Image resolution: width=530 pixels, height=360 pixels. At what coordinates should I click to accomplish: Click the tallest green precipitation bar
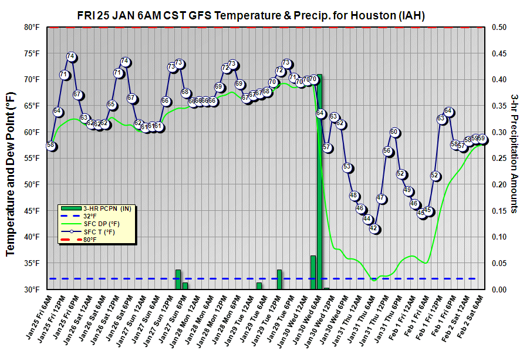(319, 182)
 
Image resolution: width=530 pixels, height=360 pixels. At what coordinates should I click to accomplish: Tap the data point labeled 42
(374, 228)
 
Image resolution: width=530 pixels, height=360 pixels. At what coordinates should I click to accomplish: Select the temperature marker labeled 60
(394, 132)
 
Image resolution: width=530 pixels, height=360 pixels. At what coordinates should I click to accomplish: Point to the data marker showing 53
(347, 167)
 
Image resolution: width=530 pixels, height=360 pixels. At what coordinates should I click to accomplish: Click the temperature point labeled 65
(112, 105)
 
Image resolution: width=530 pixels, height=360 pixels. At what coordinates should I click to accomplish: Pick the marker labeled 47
(382, 198)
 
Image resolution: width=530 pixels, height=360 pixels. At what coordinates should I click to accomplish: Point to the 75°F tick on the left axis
(32, 53)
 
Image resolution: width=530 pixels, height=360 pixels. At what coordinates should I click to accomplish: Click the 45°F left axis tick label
(32, 211)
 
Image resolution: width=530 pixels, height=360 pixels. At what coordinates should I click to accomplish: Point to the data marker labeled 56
(388, 151)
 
